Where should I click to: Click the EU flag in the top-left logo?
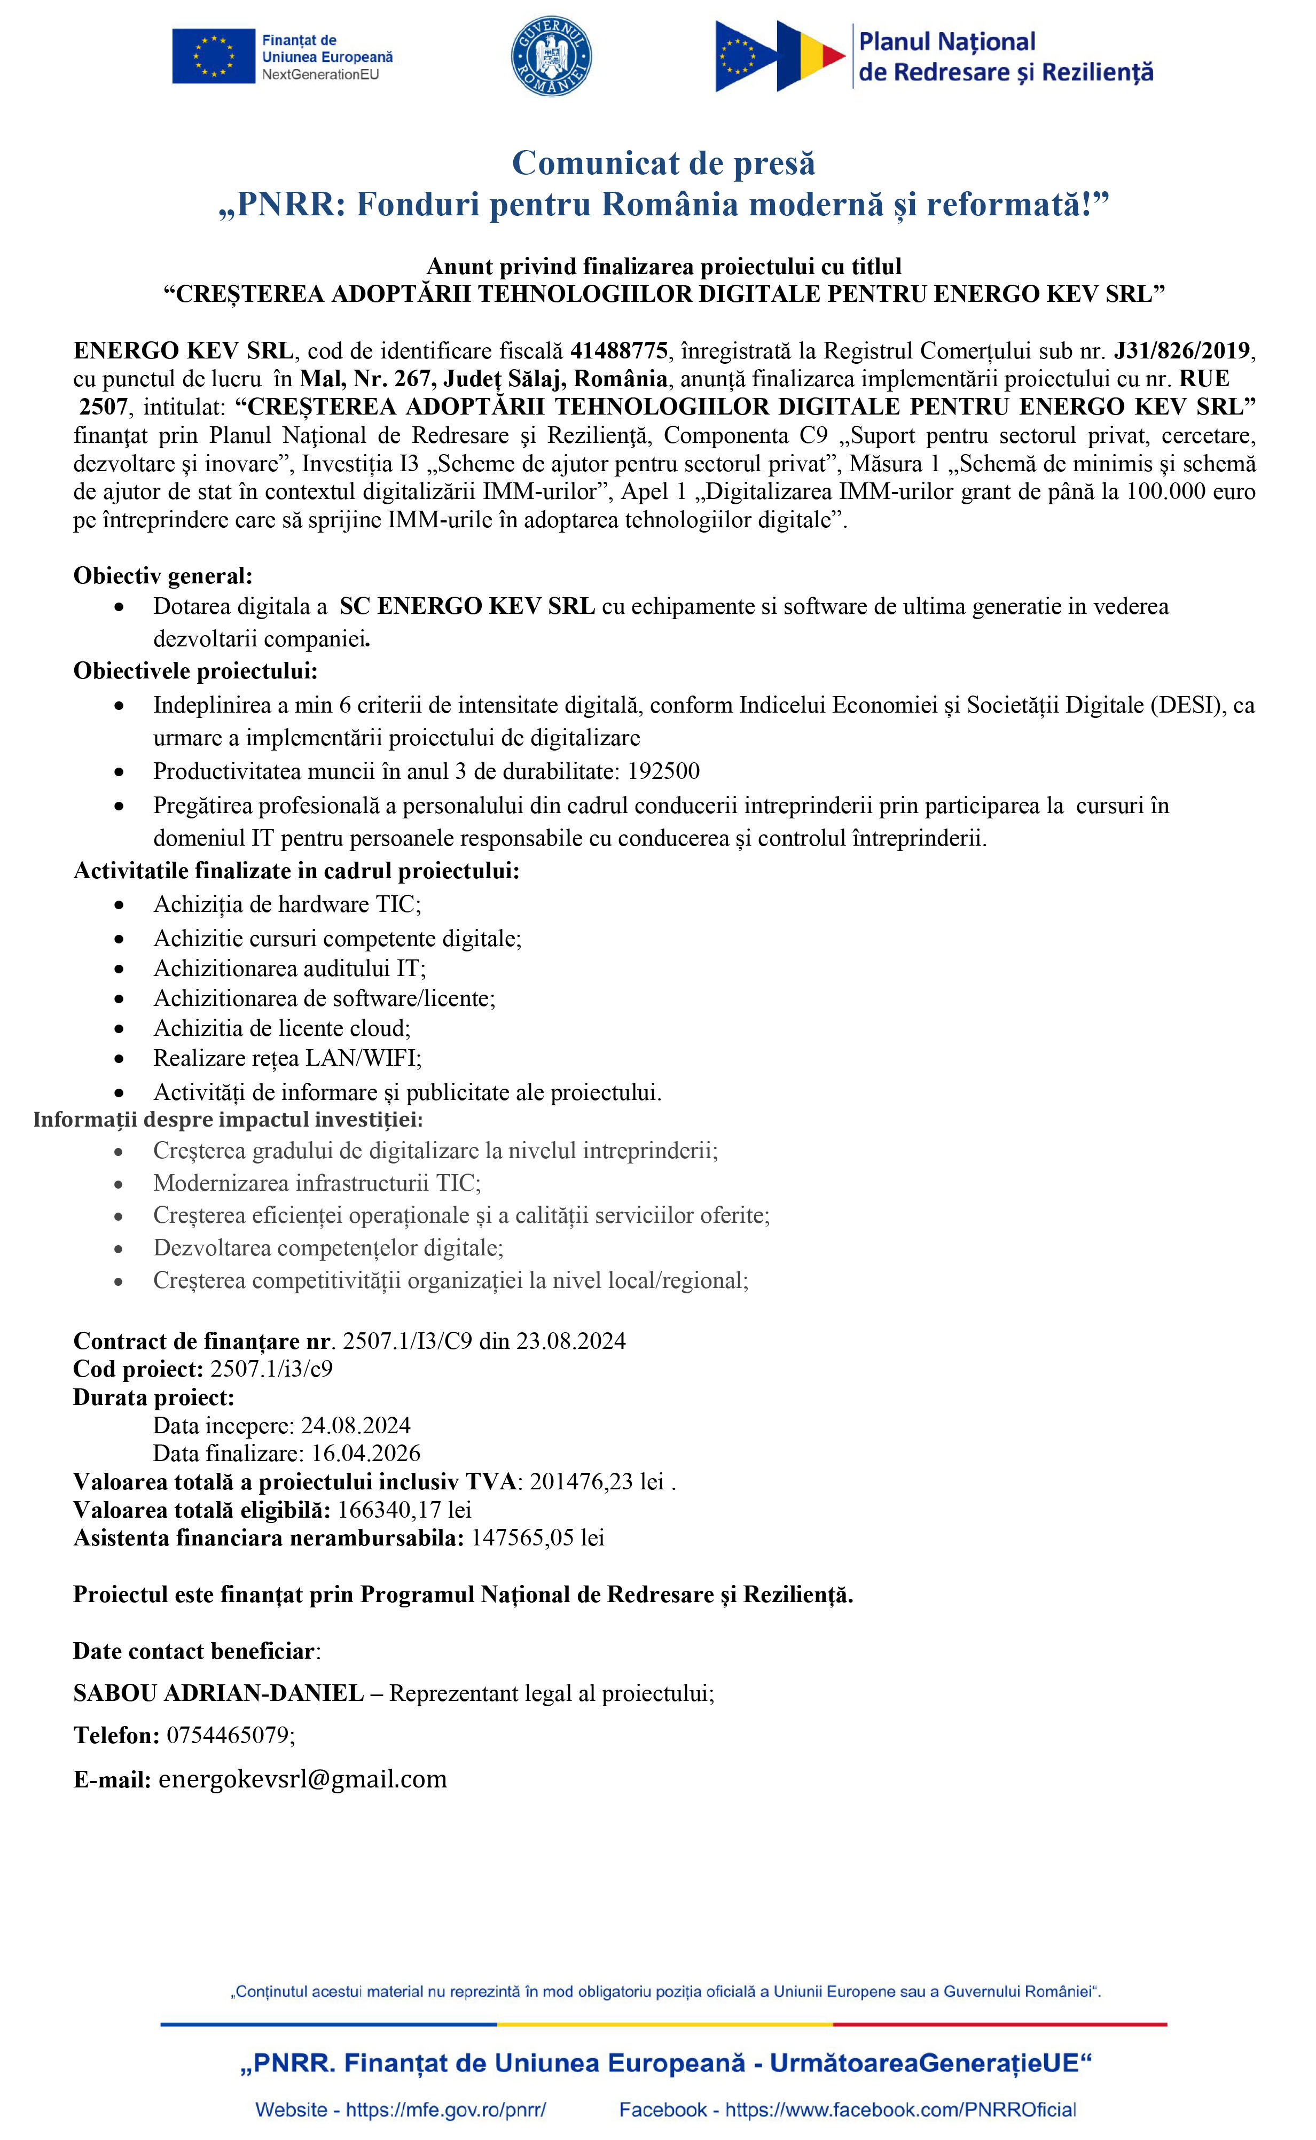[x=213, y=57]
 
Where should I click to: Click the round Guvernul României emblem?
[x=551, y=56]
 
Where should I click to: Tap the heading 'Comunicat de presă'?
[x=663, y=163]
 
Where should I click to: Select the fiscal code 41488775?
[x=619, y=351]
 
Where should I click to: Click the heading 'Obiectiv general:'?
[x=163, y=575]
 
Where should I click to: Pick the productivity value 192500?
[x=663, y=771]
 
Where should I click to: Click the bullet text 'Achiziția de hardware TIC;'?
[x=287, y=904]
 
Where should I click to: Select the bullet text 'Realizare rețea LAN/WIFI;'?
[x=287, y=1058]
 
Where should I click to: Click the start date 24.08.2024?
[x=355, y=1425]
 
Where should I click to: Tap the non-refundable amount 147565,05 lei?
[x=537, y=1538]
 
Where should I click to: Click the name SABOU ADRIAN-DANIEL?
[x=218, y=1693]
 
